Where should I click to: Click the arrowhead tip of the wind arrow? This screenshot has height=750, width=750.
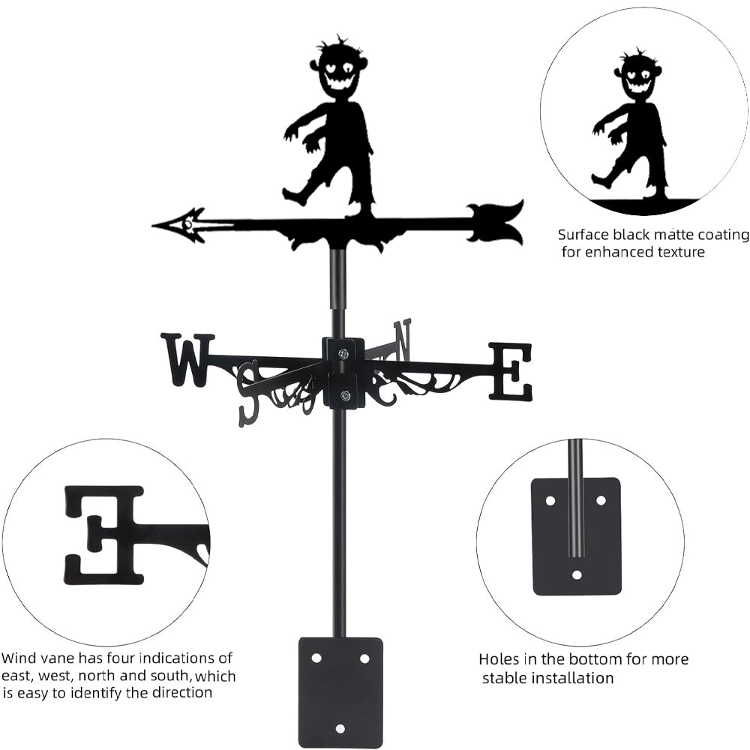pos(153,224)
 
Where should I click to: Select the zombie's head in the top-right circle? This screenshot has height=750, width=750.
pos(638,76)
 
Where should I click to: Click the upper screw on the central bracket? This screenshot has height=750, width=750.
pos(343,354)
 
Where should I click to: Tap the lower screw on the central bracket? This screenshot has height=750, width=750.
pos(344,395)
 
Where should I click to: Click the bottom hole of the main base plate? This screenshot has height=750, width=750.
pos(340,728)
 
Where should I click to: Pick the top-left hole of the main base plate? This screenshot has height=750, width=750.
pos(316,658)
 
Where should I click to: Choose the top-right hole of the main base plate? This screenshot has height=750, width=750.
pos(364,658)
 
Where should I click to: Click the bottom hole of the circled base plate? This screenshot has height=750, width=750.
pos(577,574)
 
